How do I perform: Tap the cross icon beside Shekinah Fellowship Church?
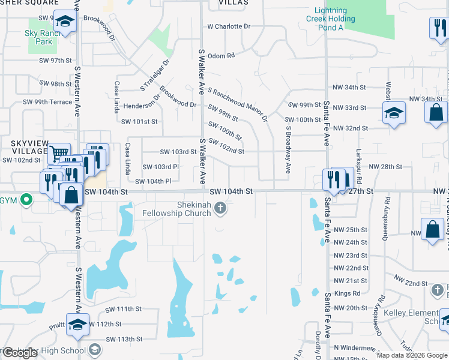[221, 208]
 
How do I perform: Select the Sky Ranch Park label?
[39, 38]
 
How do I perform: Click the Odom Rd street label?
[221, 56]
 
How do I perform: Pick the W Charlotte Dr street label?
[228, 26]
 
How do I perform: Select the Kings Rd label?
[348, 293]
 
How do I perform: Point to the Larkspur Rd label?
[359, 166]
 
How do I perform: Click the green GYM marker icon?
[26, 199]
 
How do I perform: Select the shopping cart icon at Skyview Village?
[58, 154]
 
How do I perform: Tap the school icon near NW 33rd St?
[394, 113]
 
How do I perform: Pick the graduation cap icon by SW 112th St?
[77, 325]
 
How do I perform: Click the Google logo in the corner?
[20, 353]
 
